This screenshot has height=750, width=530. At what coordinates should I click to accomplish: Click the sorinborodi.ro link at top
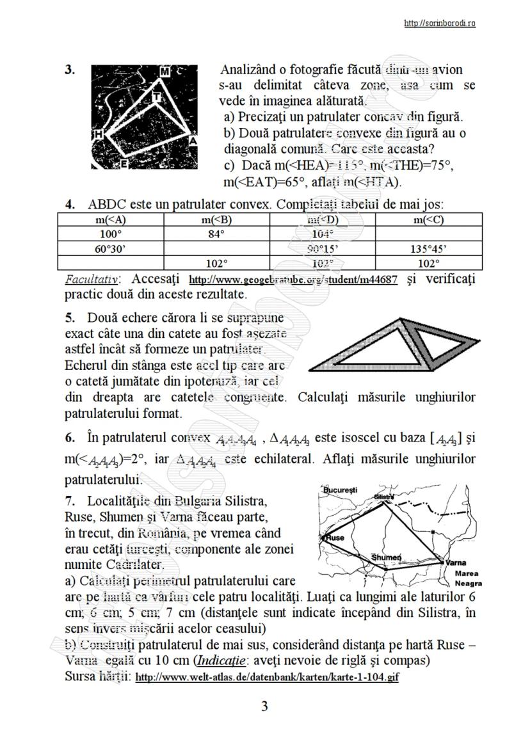(439, 24)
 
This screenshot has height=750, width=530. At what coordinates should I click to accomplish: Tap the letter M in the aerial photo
(165, 71)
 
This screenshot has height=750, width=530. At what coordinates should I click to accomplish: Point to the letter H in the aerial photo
(99, 134)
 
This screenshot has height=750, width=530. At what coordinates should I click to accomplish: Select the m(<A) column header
(111, 220)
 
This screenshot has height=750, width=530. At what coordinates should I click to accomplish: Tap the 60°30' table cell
(111, 248)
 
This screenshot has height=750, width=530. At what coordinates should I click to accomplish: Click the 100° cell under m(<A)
(111, 234)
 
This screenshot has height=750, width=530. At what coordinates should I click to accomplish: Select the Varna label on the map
(455, 562)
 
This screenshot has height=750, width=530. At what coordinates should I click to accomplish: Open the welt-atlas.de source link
(268, 676)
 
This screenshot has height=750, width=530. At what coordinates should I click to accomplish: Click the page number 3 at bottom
(264, 706)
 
